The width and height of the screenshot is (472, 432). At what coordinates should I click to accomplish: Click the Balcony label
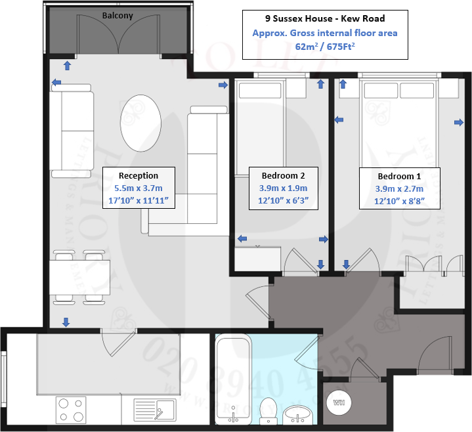click(x=118, y=15)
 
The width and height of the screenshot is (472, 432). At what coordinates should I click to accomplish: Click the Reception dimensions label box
click(x=139, y=188)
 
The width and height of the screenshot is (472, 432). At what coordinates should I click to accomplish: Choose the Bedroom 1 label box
click(x=399, y=188)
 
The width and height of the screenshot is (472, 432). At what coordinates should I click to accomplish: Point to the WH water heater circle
click(x=339, y=402)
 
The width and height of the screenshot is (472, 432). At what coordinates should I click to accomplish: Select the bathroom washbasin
click(x=300, y=413)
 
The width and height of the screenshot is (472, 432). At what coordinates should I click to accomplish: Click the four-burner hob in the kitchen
click(x=71, y=410)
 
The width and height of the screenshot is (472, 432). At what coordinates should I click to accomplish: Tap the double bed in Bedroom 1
click(x=397, y=121)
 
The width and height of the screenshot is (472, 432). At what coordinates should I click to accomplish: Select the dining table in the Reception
click(x=79, y=276)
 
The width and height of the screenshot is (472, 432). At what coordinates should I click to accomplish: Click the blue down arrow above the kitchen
click(x=66, y=321)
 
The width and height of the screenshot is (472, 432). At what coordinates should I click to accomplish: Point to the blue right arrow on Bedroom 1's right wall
click(x=458, y=122)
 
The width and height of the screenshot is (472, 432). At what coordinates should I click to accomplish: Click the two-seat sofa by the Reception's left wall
click(x=72, y=131)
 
